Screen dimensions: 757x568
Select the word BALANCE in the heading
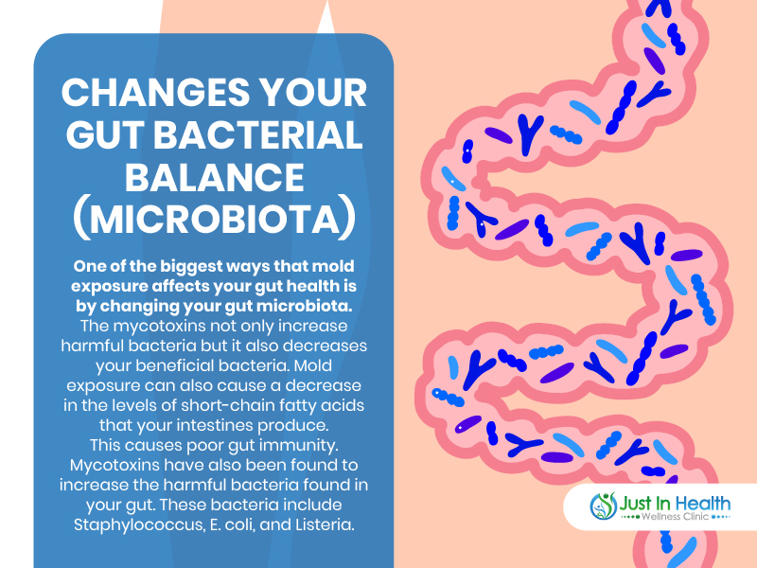(215, 177)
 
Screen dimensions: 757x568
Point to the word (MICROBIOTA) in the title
(215, 220)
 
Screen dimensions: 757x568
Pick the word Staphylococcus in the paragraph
(138, 525)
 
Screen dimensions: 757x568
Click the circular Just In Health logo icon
(603, 506)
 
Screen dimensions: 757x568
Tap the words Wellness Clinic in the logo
(675, 517)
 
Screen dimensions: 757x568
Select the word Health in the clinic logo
(703, 504)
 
